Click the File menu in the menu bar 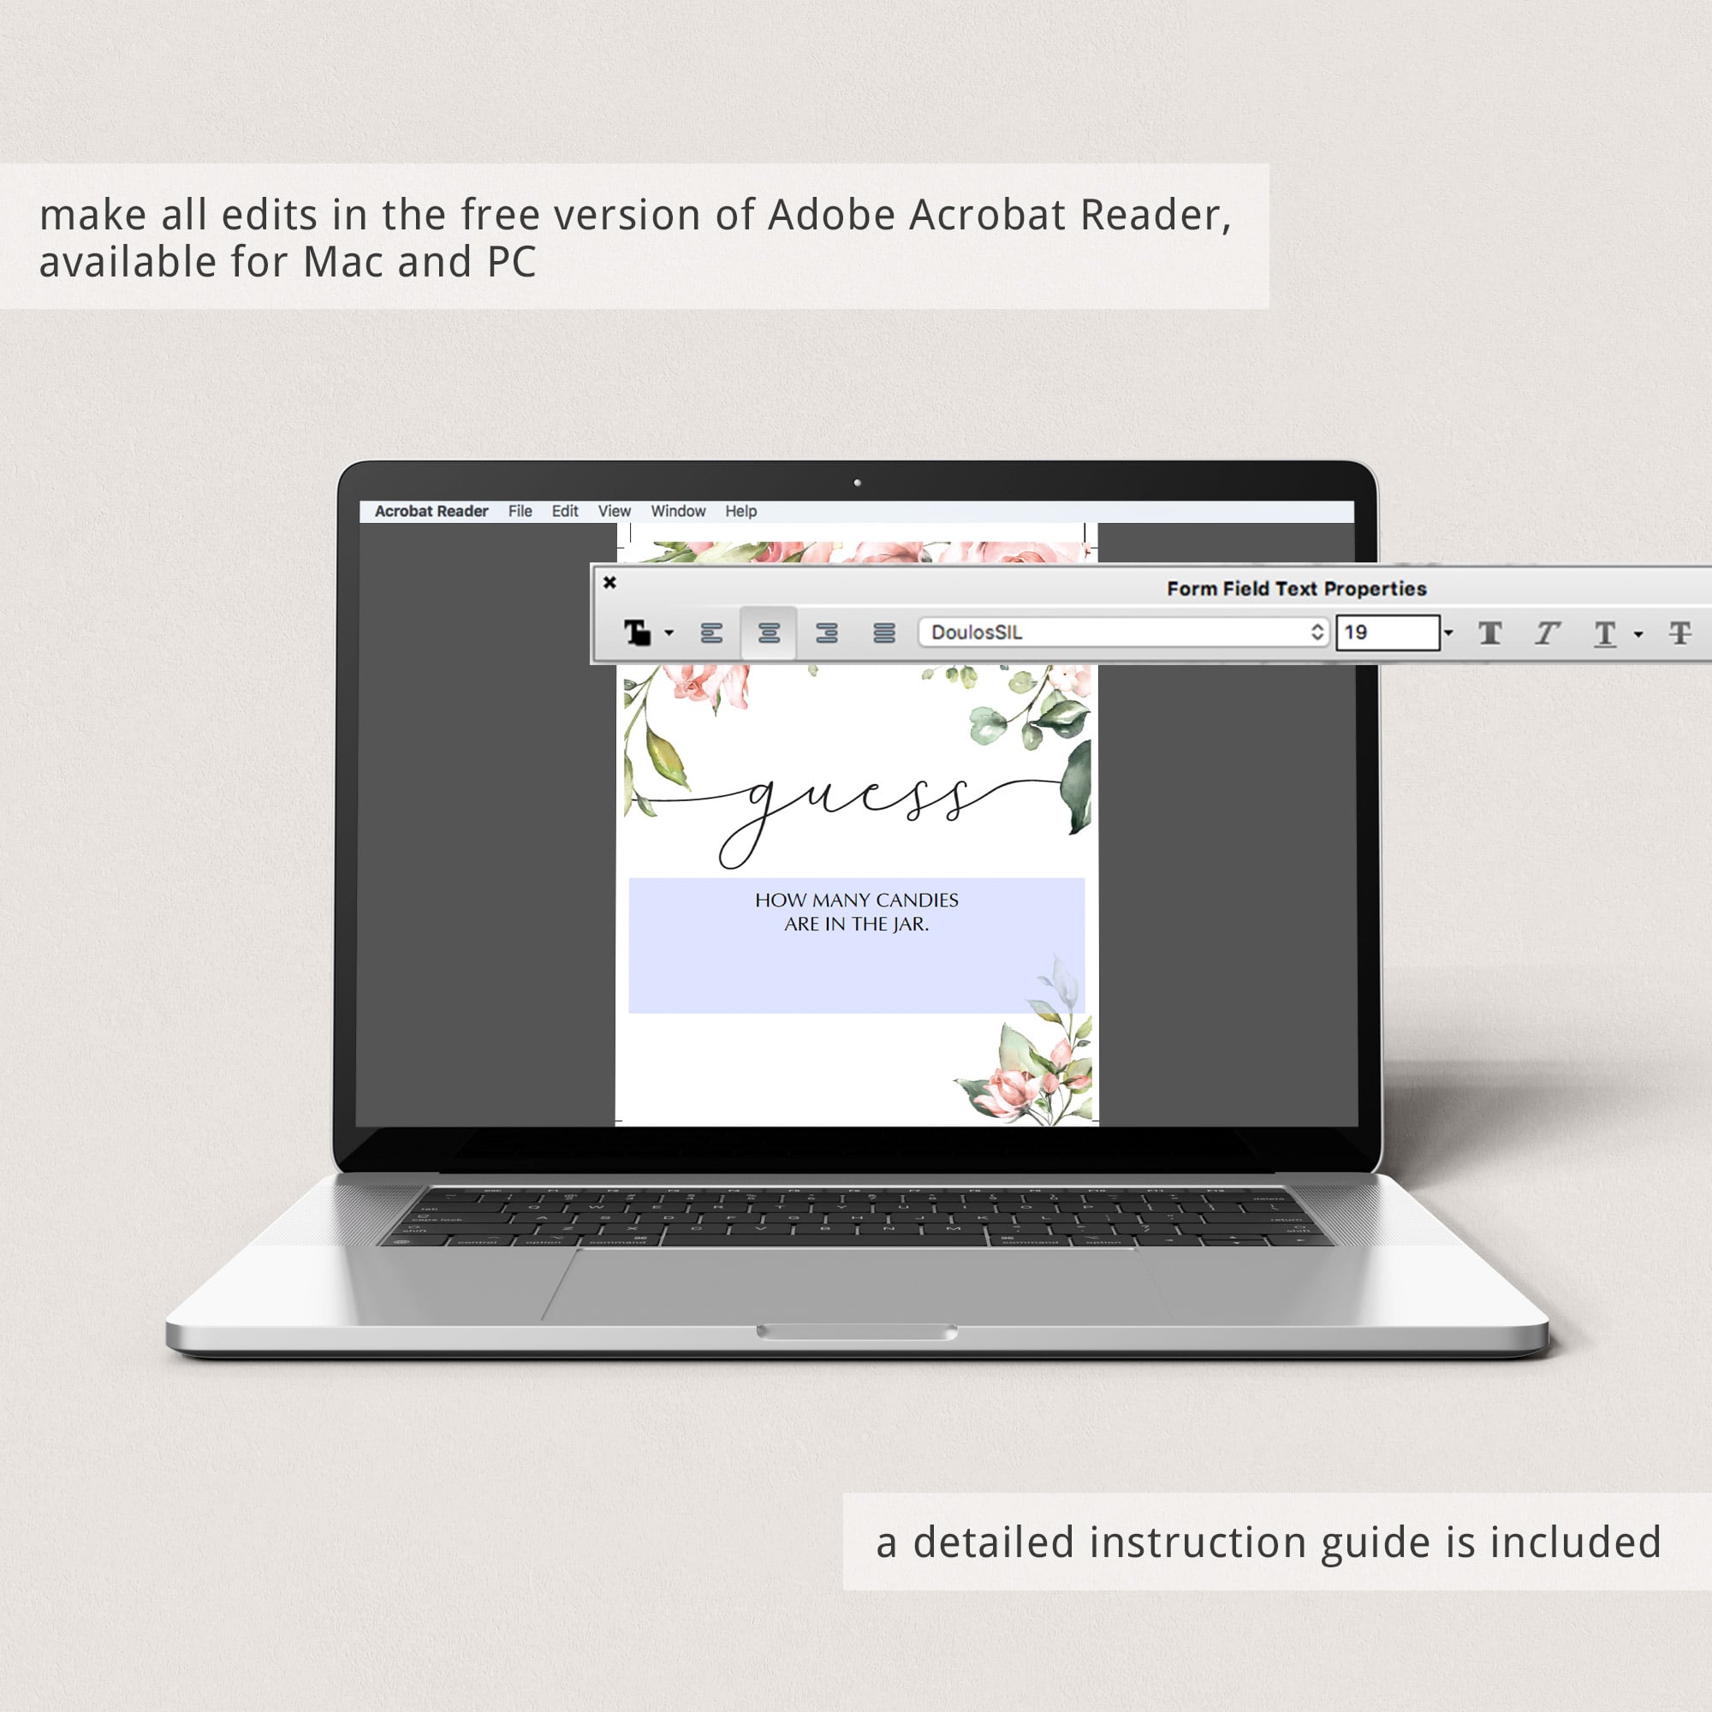coord(520,511)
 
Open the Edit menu coord(564,511)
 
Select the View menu coord(614,511)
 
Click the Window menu coord(678,511)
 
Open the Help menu coord(740,511)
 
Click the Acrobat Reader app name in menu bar coord(431,511)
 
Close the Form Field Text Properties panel coord(609,582)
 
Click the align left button coord(711,633)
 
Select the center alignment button coord(770,633)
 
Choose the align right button coord(827,633)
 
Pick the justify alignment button coord(883,633)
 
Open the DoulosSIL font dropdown coord(1124,633)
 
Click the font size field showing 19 coord(1388,633)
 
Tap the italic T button coord(1547,633)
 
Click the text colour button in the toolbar coord(637,633)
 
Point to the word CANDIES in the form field coord(917,901)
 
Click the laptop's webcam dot coord(857,483)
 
